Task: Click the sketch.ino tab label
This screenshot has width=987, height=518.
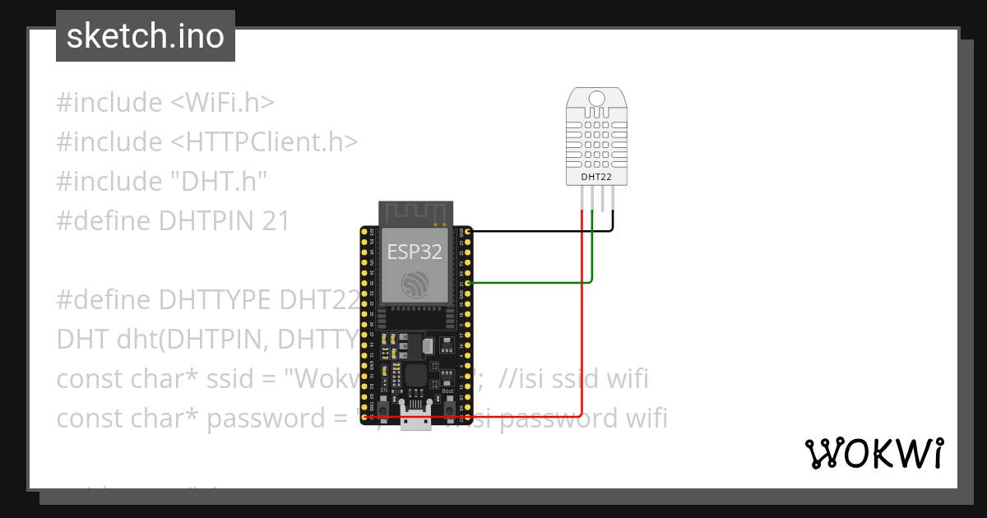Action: tap(145, 36)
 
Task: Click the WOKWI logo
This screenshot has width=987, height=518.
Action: tap(873, 453)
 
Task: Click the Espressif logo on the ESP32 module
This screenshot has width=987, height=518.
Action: tap(415, 284)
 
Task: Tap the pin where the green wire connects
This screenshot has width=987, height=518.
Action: tap(468, 283)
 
